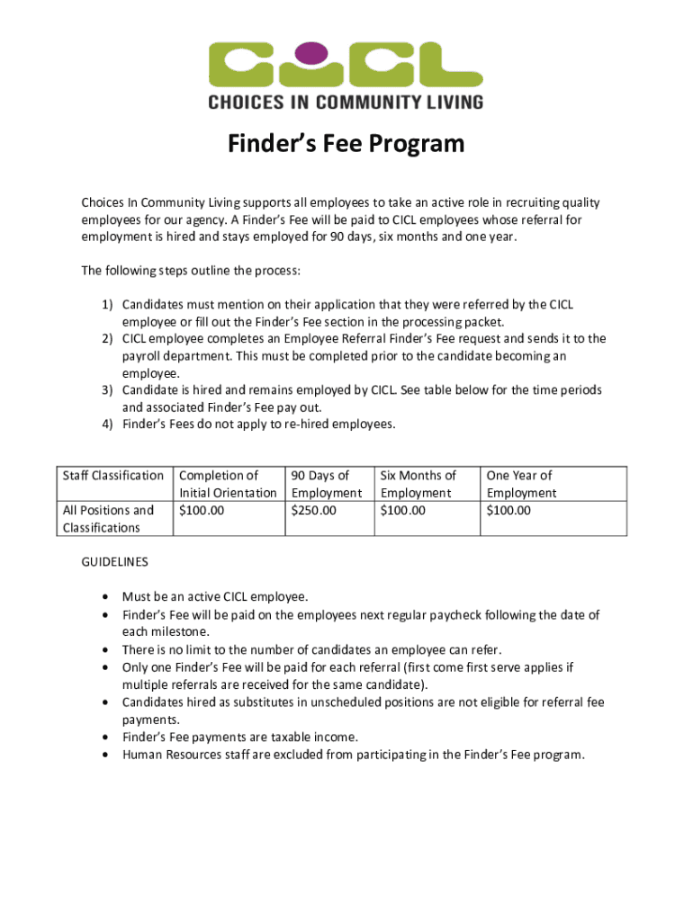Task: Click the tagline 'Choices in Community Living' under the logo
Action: pos(346,102)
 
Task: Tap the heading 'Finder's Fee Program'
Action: pos(346,144)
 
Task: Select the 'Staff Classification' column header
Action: pos(112,476)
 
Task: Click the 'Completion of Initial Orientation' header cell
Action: pos(228,484)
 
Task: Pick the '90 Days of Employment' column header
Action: pos(326,484)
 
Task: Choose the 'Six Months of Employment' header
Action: pos(418,484)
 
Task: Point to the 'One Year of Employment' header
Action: pos(521,484)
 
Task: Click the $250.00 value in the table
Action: pos(313,511)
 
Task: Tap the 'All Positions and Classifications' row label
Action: pos(107,519)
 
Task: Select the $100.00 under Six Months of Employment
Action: pos(403,511)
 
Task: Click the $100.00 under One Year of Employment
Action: pos(508,511)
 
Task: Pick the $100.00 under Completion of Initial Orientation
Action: pos(202,511)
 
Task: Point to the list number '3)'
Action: pos(105,390)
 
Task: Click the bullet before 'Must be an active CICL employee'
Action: pos(108,597)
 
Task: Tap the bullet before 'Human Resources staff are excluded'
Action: pos(108,755)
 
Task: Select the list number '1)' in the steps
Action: pos(105,305)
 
